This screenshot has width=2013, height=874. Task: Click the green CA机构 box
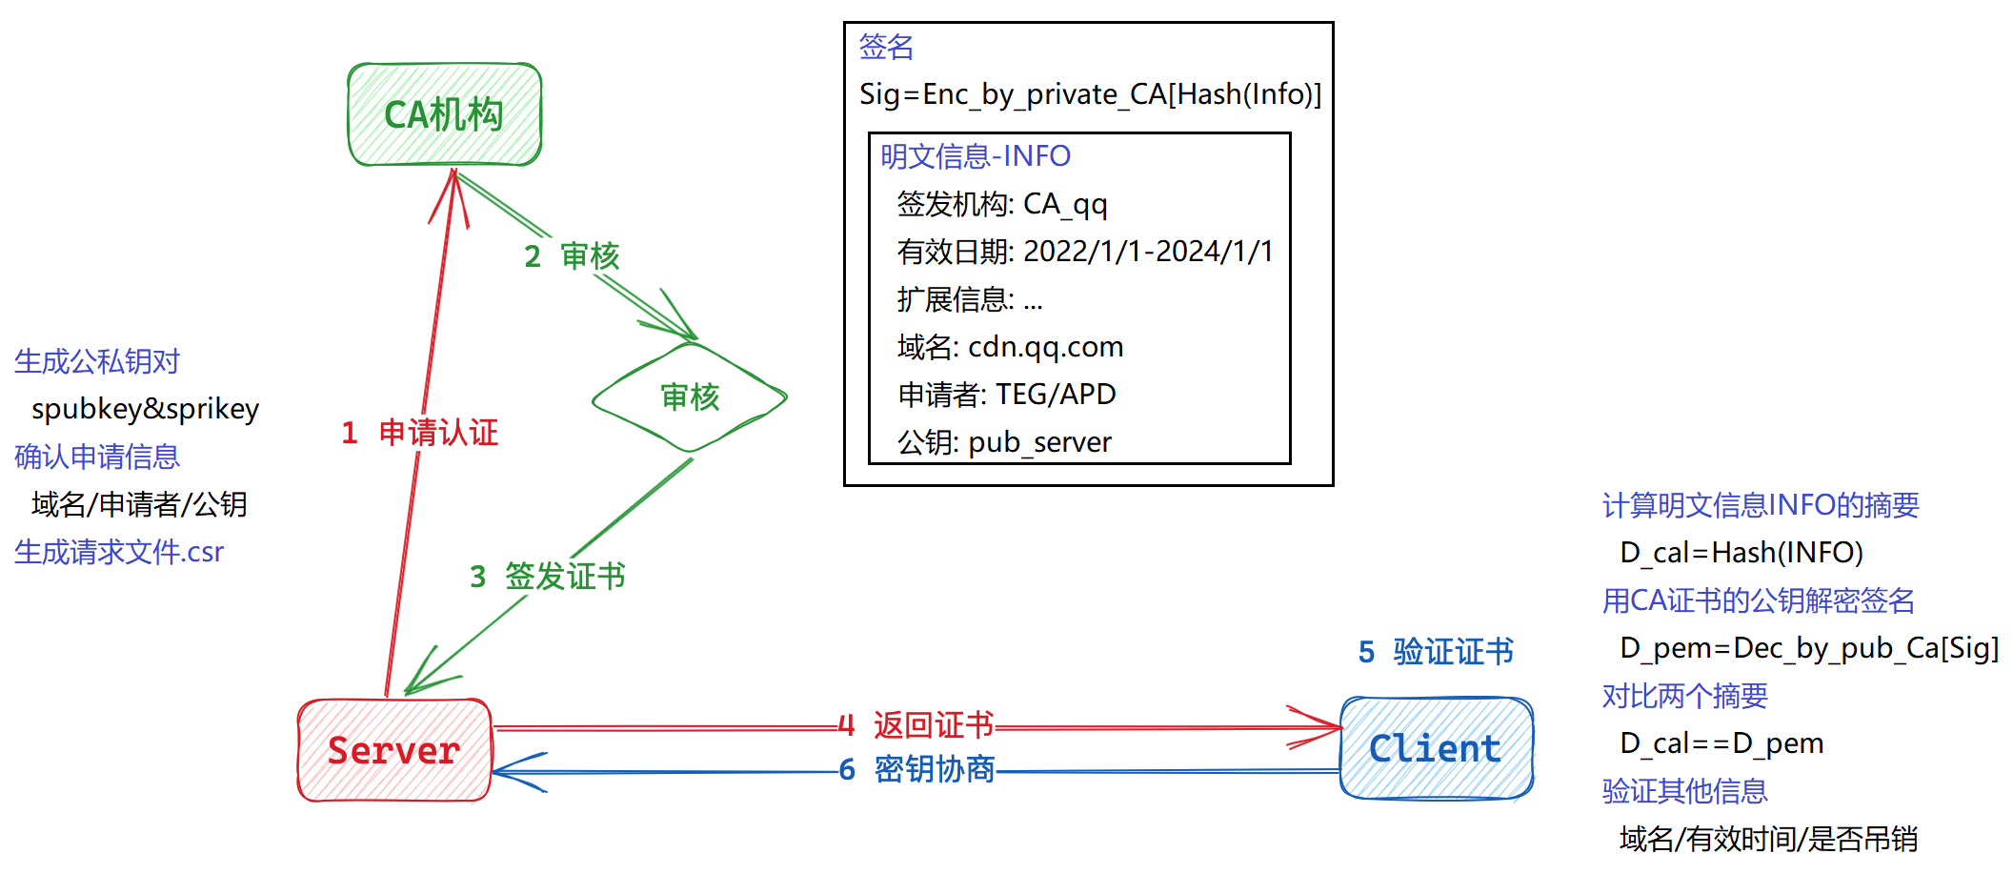tap(444, 114)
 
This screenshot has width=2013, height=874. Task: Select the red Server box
tap(394, 750)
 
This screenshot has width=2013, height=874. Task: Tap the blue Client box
tap(1436, 748)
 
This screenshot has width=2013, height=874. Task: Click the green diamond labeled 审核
tap(690, 396)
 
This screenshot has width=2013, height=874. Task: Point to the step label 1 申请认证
tap(420, 433)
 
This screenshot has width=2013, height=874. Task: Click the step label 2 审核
tap(572, 255)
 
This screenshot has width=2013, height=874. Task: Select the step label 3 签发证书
tap(548, 576)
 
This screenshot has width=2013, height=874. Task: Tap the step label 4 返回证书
tap(916, 725)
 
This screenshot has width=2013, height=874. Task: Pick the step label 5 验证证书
tap(1436, 652)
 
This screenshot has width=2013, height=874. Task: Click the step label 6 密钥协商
tap(916, 769)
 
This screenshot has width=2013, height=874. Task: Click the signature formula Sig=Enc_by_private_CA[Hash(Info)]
tap(1090, 94)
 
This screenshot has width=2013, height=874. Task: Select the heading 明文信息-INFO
tap(975, 155)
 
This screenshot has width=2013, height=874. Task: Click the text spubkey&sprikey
tap(145, 409)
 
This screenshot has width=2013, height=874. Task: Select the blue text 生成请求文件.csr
tap(119, 552)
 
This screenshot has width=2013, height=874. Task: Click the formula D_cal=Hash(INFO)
tap(1741, 553)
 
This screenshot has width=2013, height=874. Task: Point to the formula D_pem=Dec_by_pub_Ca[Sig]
tap(1808, 648)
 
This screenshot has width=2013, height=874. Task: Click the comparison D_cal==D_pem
tap(1721, 743)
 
